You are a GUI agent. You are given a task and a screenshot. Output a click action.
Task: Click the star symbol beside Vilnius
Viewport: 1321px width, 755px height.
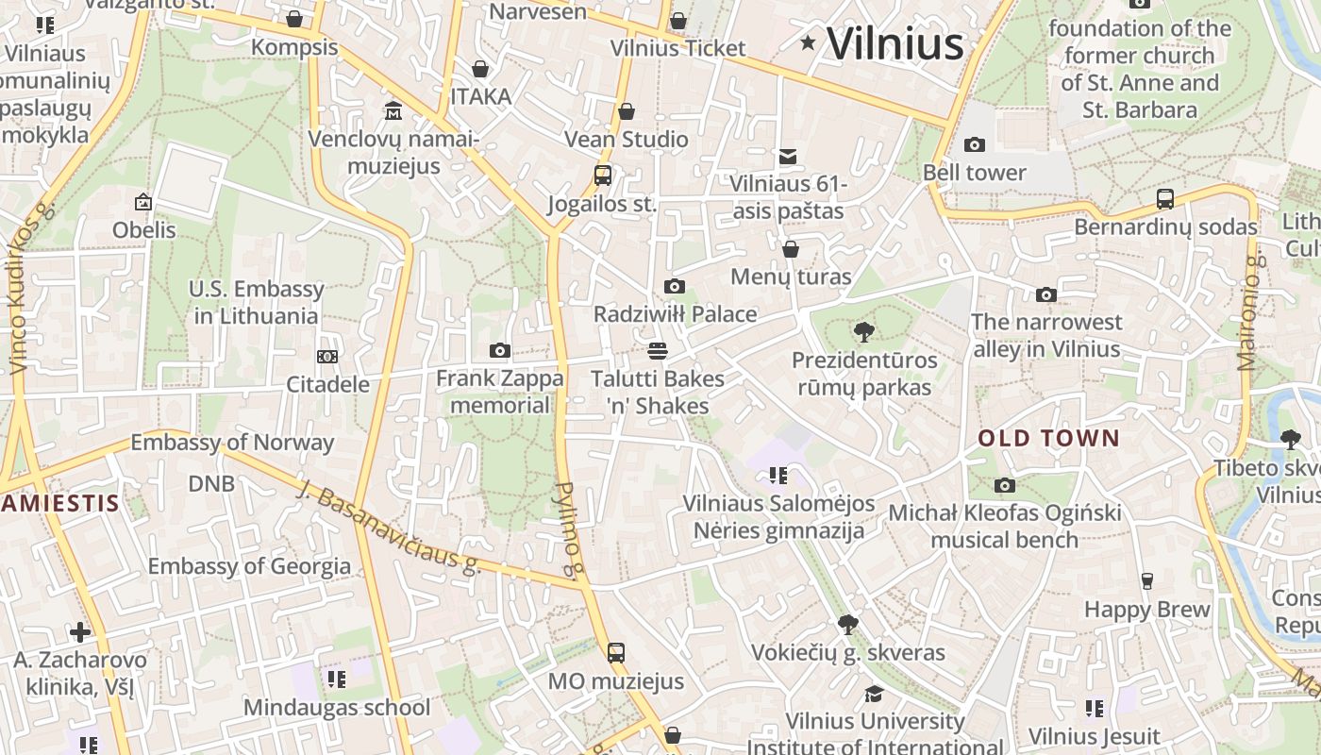[x=808, y=42]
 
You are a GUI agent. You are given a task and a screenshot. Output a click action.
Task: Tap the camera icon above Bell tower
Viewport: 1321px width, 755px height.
[x=975, y=144]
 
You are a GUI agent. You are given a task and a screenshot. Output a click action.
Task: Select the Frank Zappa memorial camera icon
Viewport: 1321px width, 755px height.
[x=500, y=351]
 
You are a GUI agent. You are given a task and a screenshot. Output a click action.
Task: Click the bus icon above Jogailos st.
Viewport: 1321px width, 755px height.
[x=602, y=175]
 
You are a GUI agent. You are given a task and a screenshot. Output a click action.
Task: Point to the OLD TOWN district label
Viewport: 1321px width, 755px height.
[x=1048, y=439]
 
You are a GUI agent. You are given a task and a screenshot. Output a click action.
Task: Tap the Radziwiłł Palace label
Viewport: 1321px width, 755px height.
[x=675, y=314]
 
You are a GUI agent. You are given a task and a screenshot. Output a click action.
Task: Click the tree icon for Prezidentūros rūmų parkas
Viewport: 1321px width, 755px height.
[x=863, y=331]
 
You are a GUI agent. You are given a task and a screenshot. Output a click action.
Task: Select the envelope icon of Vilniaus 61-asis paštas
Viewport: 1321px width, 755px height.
[x=788, y=157]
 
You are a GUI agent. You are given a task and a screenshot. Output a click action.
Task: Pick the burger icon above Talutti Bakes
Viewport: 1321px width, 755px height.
[x=658, y=351]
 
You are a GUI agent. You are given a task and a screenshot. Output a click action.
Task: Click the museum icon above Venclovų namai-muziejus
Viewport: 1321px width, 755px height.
[x=393, y=111]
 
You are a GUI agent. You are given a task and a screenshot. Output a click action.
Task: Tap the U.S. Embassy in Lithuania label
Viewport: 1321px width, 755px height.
[x=256, y=302]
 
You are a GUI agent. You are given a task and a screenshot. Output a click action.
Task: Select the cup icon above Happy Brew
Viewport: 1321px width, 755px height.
[x=1147, y=580]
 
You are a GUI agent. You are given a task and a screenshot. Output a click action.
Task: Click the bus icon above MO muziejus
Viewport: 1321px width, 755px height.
[x=615, y=652]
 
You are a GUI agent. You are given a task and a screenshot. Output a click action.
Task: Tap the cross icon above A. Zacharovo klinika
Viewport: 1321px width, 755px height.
[x=80, y=631]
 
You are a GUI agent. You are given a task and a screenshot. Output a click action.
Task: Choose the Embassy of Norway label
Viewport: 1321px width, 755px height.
[x=232, y=442]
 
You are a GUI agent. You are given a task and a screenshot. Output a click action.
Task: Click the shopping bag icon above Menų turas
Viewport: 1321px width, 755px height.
[x=791, y=249]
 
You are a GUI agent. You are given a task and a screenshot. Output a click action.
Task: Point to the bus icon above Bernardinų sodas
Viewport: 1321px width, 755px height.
[x=1165, y=199]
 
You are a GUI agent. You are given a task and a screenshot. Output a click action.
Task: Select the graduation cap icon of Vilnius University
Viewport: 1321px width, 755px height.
[x=875, y=694]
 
